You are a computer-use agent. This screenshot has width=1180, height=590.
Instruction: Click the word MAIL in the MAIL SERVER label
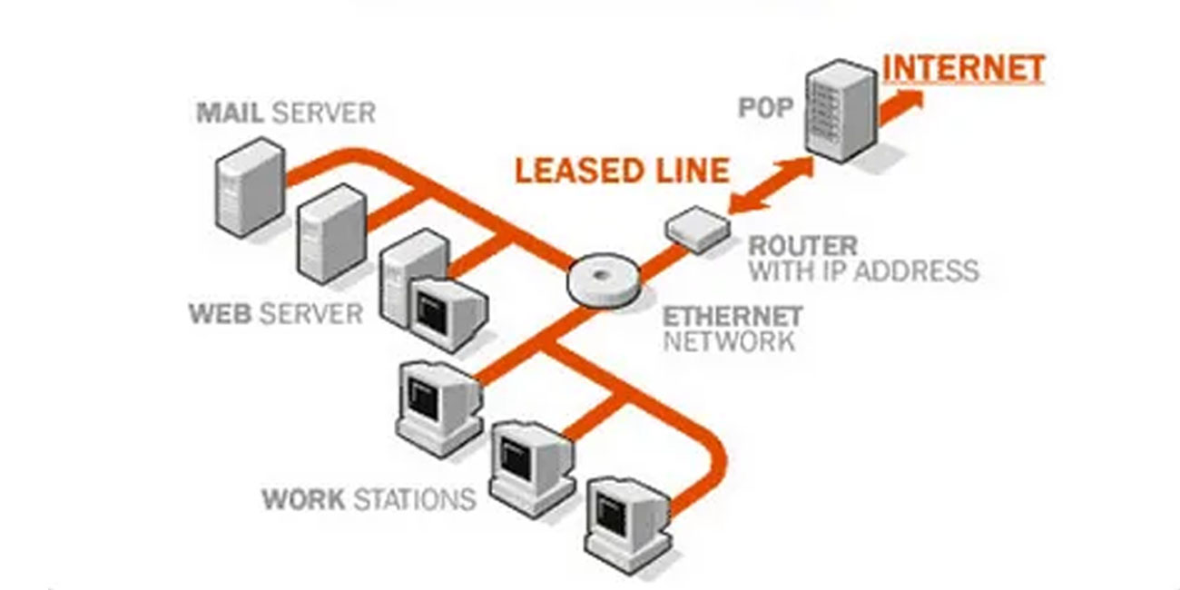(x=231, y=113)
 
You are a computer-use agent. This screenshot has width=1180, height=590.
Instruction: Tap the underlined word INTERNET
(x=963, y=69)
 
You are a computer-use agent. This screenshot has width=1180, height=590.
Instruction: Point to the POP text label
(x=765, y=109)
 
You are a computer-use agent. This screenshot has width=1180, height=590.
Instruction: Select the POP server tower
(x=840, y=112)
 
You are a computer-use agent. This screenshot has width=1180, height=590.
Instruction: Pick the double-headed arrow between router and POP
(x=771, y=186)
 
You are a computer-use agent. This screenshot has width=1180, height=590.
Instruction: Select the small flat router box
(x=698, y=227)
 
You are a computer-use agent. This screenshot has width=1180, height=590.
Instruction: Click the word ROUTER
(x=802, y=246)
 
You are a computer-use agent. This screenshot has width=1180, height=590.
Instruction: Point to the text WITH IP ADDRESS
(x=863, y=270)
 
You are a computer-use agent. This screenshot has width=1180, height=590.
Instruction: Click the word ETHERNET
(x=733, y=317)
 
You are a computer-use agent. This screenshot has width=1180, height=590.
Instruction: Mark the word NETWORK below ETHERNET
(x=729, y=341)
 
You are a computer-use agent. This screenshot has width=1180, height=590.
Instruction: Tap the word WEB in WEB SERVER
(x=221, y=314)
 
